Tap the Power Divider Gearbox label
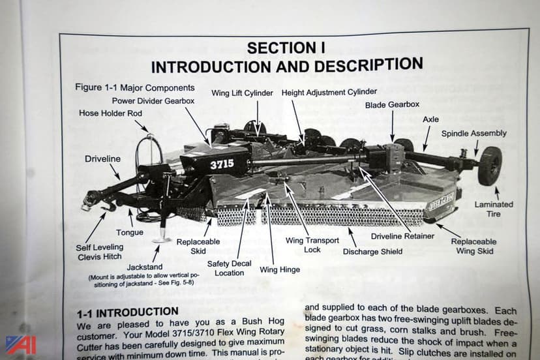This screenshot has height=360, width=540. [153, 101]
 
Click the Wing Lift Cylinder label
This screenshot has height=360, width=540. [242, 93]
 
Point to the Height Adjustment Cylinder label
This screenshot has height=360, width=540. [329, 93]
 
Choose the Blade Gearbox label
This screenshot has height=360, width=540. [392, 104]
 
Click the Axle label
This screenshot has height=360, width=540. [430, 119]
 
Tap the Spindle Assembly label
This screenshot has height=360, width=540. [473, 134]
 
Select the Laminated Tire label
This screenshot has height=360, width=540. [493, 209]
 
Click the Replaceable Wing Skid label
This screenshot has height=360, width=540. [473, 246]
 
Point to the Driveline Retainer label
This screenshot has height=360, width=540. [402, 236]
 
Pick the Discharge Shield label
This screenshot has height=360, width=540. [372, 251]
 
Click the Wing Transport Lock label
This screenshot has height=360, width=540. [312, 245]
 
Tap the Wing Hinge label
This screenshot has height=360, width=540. [280, 269]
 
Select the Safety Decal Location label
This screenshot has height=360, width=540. [229, 268]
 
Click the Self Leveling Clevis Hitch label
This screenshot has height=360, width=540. [99, 252]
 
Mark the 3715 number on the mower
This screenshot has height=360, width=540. [222, 165]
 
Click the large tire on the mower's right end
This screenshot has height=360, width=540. [490, 166]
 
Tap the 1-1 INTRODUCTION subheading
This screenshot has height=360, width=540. [127, 312]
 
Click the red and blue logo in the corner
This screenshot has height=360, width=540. [20, 344]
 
